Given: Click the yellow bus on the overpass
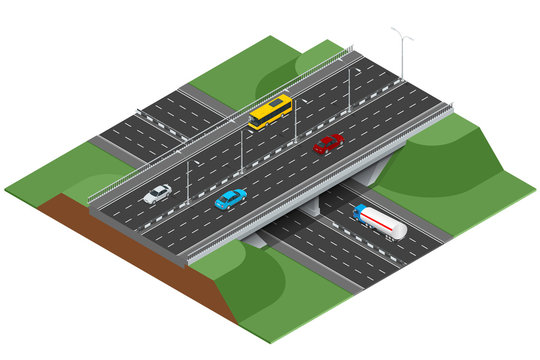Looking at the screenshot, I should click(x=270, y=112).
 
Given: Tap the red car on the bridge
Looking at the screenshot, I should click(x=328, y=144).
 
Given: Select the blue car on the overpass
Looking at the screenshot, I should click(x=231, y=199).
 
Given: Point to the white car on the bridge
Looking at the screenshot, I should click(x=157, y=194).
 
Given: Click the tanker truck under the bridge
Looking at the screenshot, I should click(x=381, y=222).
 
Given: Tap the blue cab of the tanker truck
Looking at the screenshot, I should click(x=361, y=213).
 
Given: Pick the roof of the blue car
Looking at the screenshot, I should click(x=230, y=198).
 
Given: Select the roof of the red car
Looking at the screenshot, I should click(x=328, y=143).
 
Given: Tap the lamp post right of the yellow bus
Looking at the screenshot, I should click(x=296, y=118).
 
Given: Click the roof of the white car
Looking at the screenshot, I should click(x=158, y=193).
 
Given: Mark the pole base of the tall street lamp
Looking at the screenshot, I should click(x=403, y=78).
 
